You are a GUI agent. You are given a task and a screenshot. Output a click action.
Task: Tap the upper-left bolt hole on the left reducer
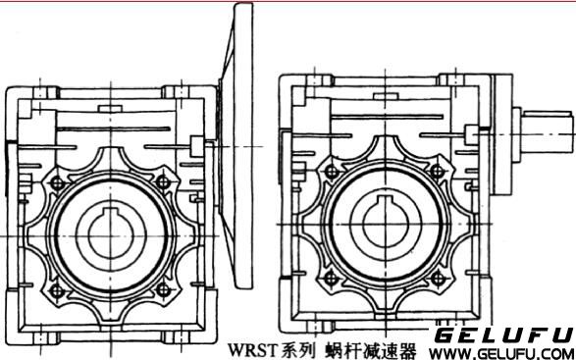(57, 181)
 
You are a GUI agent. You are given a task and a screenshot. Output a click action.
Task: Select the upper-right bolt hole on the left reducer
(161, 181)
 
